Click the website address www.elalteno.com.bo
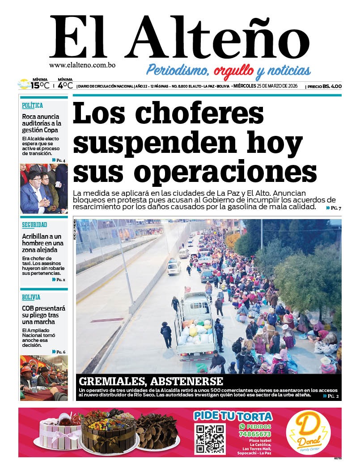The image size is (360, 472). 82,65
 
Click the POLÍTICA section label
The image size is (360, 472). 33,105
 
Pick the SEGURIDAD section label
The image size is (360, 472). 34,225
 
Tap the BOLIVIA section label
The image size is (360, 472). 31,297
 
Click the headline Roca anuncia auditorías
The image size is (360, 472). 42,123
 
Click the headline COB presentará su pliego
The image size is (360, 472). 43,315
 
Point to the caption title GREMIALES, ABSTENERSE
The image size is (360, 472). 151,381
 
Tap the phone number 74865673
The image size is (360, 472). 255,434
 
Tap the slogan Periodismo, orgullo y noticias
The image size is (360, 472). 229,70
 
